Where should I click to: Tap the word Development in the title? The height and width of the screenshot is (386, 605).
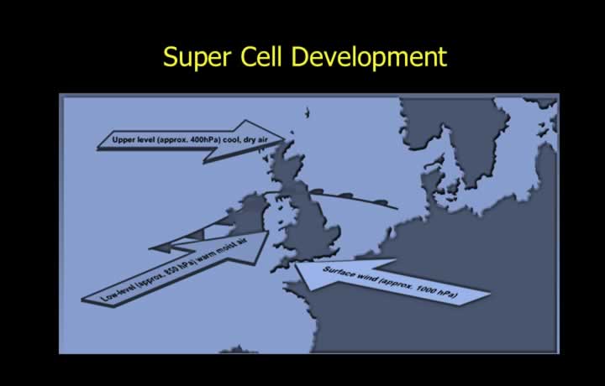point(369,57)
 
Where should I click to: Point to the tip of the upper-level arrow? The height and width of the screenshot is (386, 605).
point(285,138)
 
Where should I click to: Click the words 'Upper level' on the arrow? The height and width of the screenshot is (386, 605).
point(133,139)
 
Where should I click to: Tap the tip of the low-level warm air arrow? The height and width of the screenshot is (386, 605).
point(268,232)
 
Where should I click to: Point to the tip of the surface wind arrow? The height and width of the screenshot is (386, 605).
point(296,264)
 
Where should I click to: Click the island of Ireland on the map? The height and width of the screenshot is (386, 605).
point(247,214)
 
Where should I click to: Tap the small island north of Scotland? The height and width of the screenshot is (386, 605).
point(308,113)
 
